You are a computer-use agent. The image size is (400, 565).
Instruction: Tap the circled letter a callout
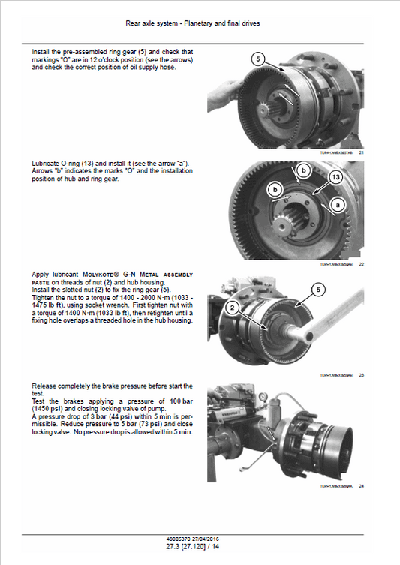337,204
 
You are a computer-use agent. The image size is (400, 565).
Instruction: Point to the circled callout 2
233,307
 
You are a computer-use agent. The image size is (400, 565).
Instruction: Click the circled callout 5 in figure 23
317,289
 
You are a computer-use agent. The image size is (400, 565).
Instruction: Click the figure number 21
361,152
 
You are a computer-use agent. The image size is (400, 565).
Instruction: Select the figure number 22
361,264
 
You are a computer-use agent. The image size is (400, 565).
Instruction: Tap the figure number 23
361,374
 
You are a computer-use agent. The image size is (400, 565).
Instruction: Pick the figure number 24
361,487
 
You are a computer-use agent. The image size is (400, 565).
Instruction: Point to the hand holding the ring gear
221,98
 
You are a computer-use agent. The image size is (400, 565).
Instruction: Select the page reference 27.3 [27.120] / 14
199,547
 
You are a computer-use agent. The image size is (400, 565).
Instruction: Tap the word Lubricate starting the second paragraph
47,163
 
